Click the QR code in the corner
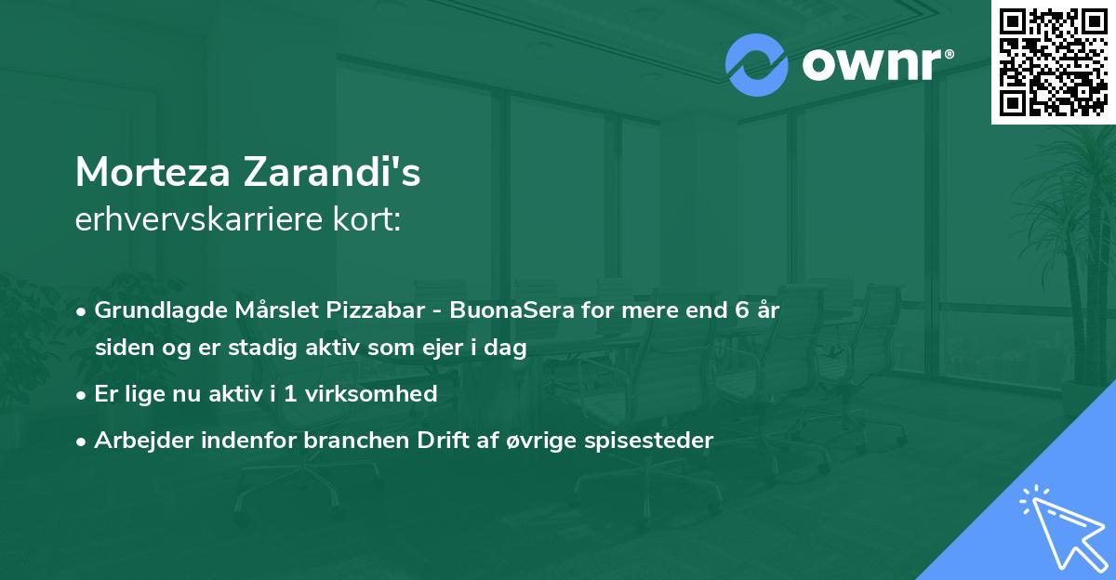pos(1054,61)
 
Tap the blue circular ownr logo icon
pos(757,65)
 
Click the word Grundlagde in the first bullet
pos(153,310)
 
